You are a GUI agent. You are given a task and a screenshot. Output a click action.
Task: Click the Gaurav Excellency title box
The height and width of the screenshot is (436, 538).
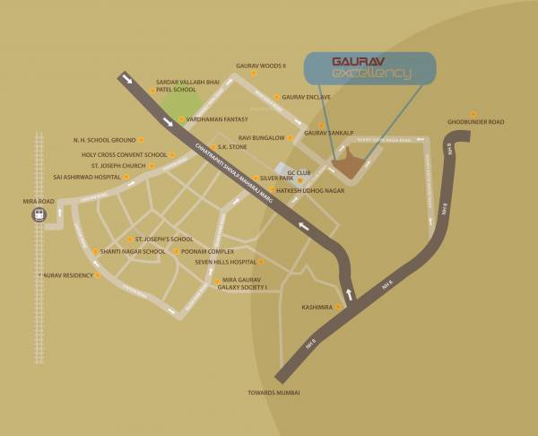click(369, 68)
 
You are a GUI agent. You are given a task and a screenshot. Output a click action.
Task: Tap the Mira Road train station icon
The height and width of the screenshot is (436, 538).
click(39, 214)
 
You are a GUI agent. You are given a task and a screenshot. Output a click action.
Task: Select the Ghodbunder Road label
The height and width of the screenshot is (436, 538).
click(476, 122)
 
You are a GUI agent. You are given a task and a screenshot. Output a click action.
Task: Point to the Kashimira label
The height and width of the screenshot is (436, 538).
click(317, 307)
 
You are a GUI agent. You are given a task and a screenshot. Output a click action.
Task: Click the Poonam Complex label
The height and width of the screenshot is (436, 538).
click(207, 252)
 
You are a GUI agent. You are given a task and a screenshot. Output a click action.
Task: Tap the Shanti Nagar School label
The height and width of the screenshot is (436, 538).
click(133, 252)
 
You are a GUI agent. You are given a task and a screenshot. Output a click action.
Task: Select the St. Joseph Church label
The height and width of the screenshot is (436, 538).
click(117, 166)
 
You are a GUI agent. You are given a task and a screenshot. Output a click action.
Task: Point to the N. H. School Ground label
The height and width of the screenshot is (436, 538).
click(104, 140)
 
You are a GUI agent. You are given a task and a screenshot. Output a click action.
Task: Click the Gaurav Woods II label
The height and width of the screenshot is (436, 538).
click(260, 65)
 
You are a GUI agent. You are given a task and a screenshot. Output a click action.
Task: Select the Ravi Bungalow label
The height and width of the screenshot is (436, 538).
click(261, 138)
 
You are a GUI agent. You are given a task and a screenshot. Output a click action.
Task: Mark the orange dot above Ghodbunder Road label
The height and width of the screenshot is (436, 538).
click(473, 113)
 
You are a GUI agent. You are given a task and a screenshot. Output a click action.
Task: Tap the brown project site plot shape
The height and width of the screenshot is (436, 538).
click(349, 166)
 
